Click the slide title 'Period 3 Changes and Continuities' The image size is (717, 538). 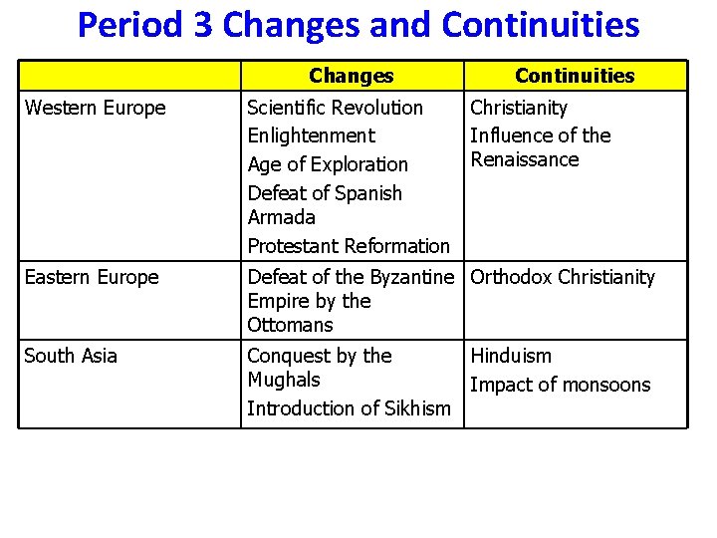coord(358,25)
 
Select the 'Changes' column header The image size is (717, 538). coord(351,76)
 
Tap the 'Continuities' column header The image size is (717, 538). coord(575,76)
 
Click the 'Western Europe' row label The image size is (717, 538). coord(95,108)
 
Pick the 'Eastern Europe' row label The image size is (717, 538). coord(91,278)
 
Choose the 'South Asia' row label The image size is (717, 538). coord(70,356)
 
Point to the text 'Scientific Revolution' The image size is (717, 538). coord(335,108)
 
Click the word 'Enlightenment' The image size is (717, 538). coord(311,135)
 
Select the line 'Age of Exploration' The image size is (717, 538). coord(328,164)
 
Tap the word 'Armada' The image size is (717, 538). coord(281,217)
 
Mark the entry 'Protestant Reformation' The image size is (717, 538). coord(349,246)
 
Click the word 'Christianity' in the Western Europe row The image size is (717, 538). coord(518,108)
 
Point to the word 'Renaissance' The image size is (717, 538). coord(524,159)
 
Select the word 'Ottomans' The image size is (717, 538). coord(290,325)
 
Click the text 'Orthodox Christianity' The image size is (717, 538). coord(563,277)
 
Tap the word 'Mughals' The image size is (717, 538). coord(283,380)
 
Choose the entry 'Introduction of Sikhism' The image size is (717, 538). coord(349,408)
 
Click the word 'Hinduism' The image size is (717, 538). coord(510,356)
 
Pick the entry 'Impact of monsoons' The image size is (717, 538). coord(560,385)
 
